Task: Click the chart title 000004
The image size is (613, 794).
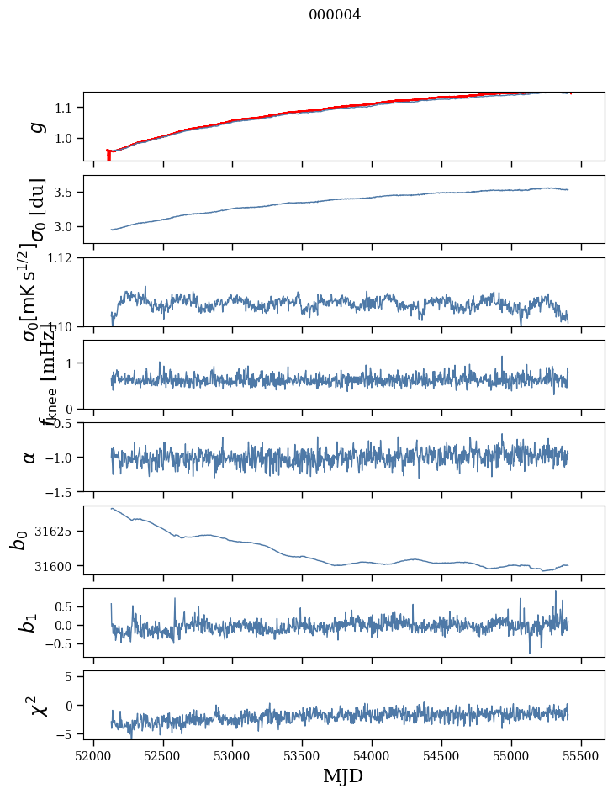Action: (x=335, y=14)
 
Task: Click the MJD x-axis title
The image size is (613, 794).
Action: (x=343, y=775)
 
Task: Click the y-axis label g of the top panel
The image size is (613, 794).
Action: (x=35, y=126)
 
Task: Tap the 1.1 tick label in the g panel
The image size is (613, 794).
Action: (x=66, y=108)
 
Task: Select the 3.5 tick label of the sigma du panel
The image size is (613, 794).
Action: (x=66, y=193)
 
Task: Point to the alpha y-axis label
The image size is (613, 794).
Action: (x=30, y=457)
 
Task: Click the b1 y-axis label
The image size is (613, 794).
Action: (x=30, y=622)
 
